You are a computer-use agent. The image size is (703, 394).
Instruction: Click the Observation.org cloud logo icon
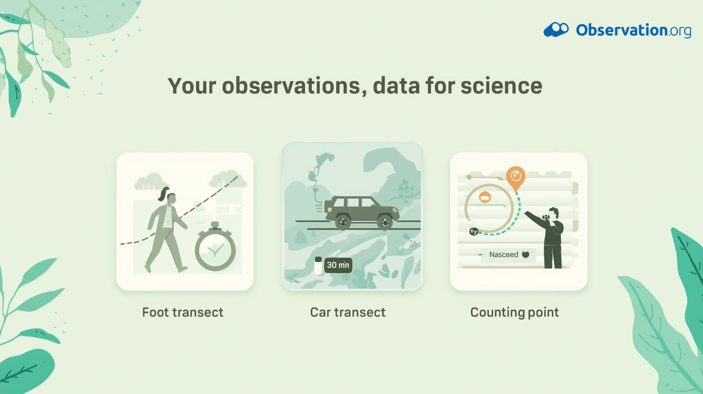point(556,29)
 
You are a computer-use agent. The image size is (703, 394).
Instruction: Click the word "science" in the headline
point(501,86)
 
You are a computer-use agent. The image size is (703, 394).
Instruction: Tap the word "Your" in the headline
point(192,86)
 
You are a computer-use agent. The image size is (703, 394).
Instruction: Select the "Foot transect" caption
point(183,312)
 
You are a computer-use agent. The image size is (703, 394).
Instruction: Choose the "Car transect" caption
point(348,312)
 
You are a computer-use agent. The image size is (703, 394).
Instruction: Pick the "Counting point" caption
point(515,313)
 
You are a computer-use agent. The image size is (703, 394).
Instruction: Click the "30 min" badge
point(338,265)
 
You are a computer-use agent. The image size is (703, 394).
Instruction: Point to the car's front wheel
point(385,223)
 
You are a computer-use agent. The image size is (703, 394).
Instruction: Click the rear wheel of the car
point(343,222)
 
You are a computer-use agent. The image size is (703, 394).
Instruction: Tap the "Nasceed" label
point(504,255)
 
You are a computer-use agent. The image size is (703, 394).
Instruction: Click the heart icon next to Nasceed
point(525,255)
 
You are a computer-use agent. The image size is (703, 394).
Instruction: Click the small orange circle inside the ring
point(485,197)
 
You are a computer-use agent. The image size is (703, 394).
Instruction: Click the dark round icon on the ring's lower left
point(474,232)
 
